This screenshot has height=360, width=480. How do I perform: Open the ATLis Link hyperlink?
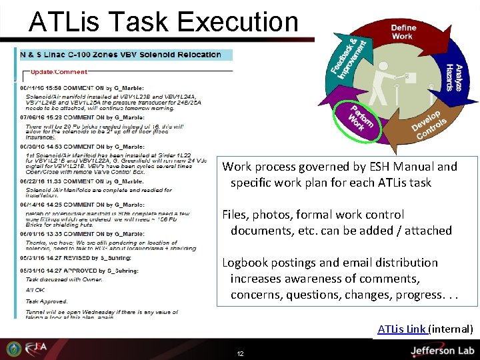click(x=402, y=329)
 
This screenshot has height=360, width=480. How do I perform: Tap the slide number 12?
click(x=240, y=353)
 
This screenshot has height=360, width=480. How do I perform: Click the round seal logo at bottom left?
click(x=13, y=349)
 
